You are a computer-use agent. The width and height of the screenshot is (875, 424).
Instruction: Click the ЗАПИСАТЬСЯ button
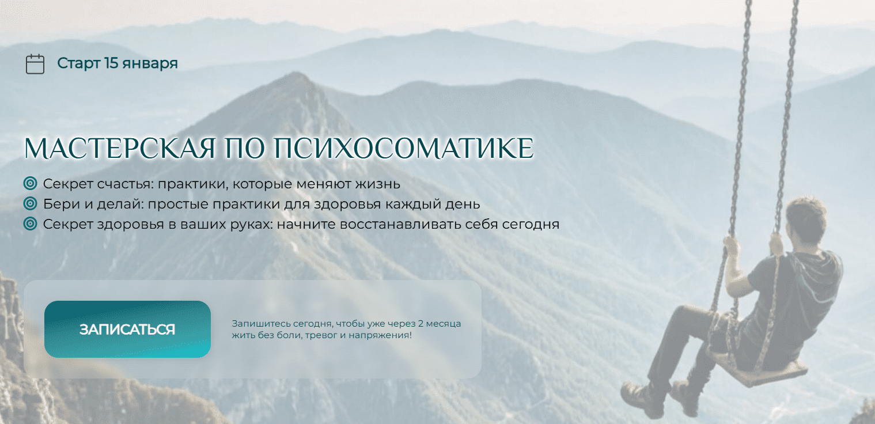[x=127, y=329]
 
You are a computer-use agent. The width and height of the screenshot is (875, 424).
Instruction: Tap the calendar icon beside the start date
[x=35, y=64]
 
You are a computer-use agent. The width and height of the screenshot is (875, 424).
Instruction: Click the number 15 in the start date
[x=111, y=63]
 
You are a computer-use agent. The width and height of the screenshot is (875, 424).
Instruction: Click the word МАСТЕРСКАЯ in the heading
[x=120, y=148]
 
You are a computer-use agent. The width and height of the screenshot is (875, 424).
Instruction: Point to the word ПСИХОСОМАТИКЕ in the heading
[x=403, y=148]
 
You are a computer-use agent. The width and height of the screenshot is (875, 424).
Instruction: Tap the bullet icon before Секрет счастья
[x=30, y=183]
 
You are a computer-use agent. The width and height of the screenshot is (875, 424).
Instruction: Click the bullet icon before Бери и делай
[x=30, y=203]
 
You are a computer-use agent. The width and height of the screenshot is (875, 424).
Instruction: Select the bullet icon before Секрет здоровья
[x=30, y=224]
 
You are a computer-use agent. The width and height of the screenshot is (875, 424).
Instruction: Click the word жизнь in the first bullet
[x=378, y=184]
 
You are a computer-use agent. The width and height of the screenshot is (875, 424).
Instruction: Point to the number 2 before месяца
[x=421, y=324]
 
